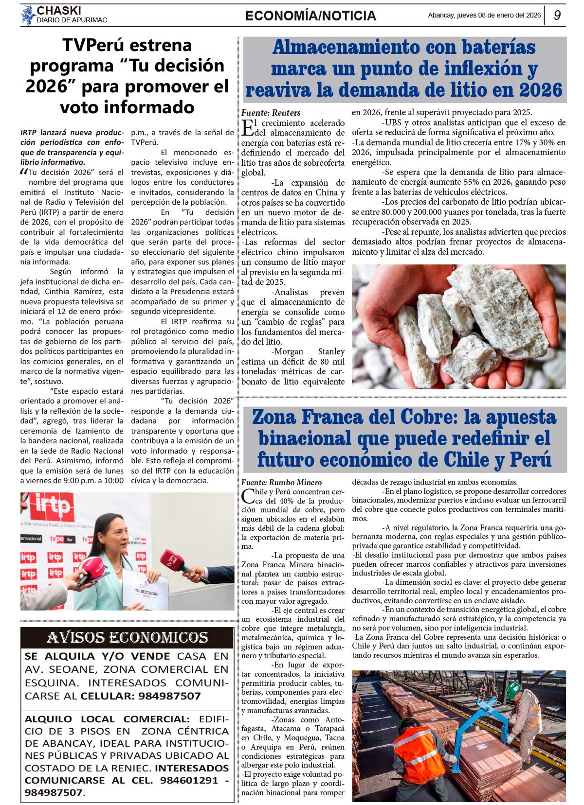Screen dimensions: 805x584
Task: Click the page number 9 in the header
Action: (557, 15)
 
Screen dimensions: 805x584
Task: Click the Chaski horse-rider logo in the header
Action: (27, 15)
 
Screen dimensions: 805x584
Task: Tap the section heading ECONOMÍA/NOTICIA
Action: (310, 16)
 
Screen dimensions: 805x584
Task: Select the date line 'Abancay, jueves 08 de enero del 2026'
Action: (484, 15)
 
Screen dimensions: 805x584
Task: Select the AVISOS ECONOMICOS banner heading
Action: (128, 637)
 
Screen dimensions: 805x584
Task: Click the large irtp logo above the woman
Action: (51, 507)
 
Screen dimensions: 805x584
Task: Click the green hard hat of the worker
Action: (513, 688)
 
